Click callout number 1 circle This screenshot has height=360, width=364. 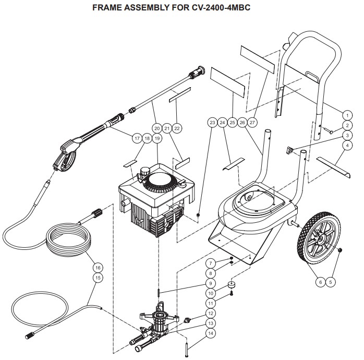[346, 114]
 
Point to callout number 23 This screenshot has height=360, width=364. [212, 122]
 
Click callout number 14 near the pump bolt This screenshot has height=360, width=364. [211, 332]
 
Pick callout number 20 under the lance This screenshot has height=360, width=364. [156, 127]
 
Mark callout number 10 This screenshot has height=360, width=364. [211, 293]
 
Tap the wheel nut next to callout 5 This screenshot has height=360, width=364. [338, 252]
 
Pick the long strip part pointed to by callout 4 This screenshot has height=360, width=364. [332, 165]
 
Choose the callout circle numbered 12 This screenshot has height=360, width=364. [211, 313]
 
